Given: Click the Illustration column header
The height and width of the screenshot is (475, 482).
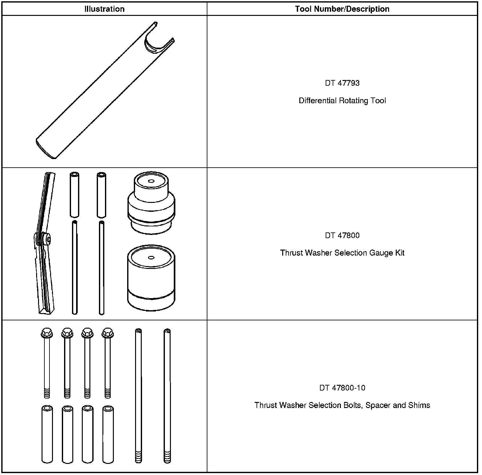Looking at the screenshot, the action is pos(104,9).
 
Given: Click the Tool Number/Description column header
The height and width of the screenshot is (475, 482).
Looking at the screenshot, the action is pos(342,9).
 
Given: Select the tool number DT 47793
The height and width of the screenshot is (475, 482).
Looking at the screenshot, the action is pos(342,83).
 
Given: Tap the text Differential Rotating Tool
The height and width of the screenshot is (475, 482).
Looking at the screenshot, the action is pos(342,101).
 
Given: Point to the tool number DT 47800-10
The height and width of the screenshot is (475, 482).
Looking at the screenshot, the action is pos(342,388).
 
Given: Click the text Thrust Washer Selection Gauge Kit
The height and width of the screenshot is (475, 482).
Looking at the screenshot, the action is pos(342,253).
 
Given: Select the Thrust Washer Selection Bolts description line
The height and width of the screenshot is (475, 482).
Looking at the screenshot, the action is pos(342,405).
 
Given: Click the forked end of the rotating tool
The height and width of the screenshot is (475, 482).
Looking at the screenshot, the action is pos(159,40).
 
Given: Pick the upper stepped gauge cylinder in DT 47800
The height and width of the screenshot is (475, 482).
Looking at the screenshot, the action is pos(151,203).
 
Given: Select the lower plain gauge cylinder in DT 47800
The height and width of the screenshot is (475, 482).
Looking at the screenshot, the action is pos(151,278).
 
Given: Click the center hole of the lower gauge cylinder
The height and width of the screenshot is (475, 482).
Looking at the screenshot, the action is pos(151,258).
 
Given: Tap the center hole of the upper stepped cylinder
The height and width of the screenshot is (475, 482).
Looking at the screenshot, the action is pos(151,181).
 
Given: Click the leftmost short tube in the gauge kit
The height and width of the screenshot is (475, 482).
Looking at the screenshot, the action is pos(74,195).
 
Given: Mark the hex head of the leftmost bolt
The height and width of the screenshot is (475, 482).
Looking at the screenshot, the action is pos(47,333).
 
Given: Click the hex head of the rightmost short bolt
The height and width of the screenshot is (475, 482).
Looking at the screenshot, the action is pos(108,333).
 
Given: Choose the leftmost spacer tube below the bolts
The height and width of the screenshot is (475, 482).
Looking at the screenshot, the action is pos(47,434).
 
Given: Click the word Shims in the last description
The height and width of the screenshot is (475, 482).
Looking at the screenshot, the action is pos(420,405).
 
